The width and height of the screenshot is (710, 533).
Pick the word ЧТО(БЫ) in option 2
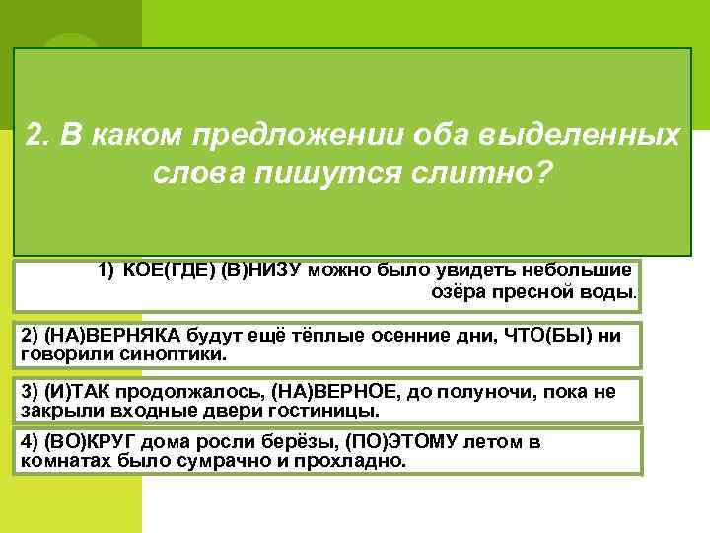point(558,336)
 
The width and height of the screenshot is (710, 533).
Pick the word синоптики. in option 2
point(177,352)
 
